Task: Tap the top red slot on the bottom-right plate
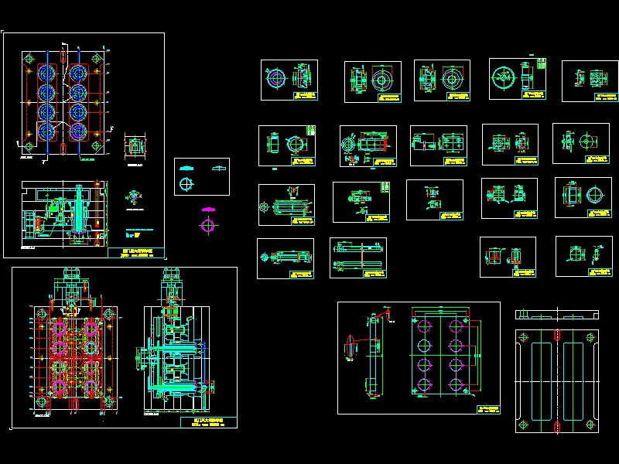(557, 336)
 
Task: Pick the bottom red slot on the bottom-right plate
(557, 426)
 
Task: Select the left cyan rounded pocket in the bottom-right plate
(539, 380)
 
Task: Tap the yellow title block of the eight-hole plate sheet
(487, 408)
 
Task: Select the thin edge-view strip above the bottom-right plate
(557, 314)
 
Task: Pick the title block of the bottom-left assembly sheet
(207, 423)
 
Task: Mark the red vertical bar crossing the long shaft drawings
(362, 258)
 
